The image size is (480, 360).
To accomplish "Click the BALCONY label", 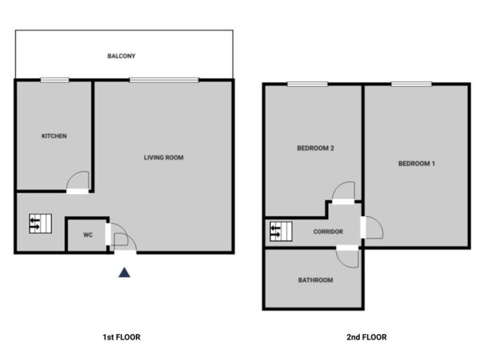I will pyautogui.click(x=121, y=56).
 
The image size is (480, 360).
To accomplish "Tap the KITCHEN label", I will pyautogui.click(x=54, y=136).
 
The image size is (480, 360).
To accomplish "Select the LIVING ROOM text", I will pyautogui.click(x=164, y=157).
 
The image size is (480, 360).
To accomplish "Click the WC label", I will pyautogui.click(x=88, y=235).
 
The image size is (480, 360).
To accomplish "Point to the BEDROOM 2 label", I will pyautogui.click(x=315, y=148).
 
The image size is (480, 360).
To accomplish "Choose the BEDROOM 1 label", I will pyautogui.click(x=417, y=164).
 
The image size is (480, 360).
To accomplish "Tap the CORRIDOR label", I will pyautogui.click(x=328, y=232).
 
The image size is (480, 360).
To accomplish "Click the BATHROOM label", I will pyautogui.click(x=315, y=280).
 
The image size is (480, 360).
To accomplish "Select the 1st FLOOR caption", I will pyautogui.click(x=121, y=337).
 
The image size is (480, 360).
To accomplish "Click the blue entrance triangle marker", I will pyautogui.click(x=124, y=272).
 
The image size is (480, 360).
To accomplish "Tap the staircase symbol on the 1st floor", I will pyautogui.click(x=40, y=224).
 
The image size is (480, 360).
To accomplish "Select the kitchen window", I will pyautogui.click(x=54, y=80).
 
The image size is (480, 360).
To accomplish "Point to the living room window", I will pyautogui.click(x=164, y=80).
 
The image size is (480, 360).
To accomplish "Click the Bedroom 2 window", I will pyautogui.click(x=307, y=84).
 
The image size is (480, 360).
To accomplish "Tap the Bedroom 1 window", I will pyautogui.click(x=412, y=84).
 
